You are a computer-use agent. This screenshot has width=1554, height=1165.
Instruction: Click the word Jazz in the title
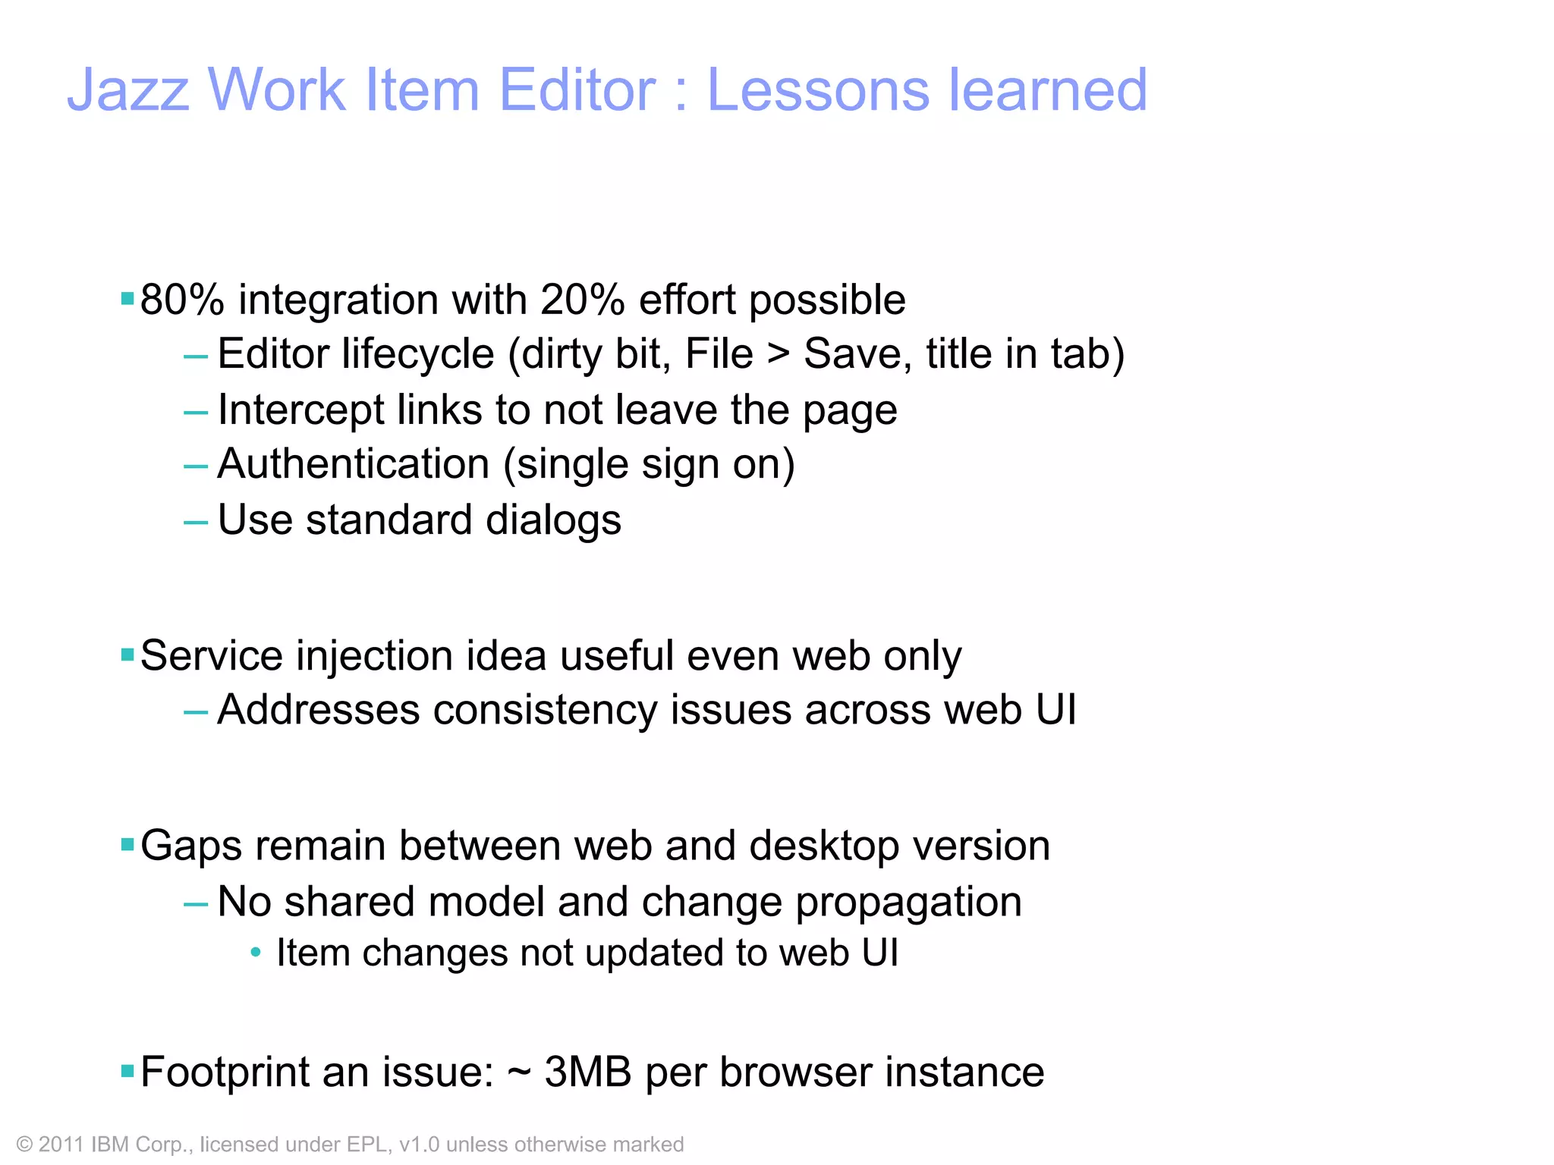pos(128,90)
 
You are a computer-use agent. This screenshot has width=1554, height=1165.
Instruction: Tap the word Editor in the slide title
pos(577,90)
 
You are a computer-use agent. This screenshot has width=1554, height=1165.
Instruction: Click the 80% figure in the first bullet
pos(182,300)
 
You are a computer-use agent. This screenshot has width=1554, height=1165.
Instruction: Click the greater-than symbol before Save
pos(778,354)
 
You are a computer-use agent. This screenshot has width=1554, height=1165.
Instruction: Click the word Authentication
pos(354,464)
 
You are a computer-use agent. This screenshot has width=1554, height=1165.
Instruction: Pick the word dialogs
pos(553,520)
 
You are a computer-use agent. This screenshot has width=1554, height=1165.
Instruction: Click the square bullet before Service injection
pos(127,654)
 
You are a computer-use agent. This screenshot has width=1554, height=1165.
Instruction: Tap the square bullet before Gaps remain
pos(127,844)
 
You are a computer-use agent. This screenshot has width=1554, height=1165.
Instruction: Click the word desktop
pos(823,846)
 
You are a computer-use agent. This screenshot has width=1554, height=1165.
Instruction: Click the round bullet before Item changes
pos(256,952)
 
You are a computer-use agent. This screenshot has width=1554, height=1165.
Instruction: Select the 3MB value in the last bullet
pos(588,1072)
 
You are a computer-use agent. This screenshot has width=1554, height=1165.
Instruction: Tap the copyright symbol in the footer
pos(24,1145)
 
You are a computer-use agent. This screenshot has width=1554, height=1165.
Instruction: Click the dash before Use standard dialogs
pos(195,522)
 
